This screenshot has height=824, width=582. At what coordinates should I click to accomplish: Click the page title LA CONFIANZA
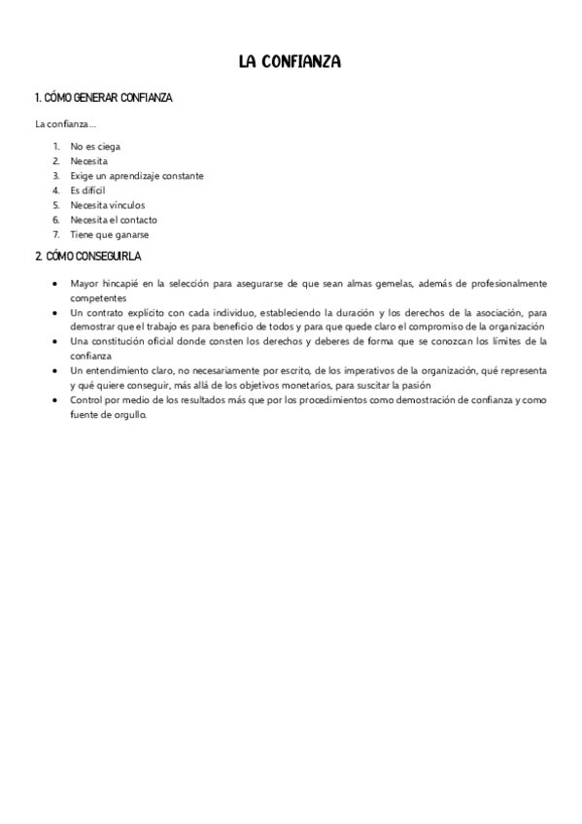[290, 61]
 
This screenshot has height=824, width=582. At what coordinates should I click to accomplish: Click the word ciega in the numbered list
[108, 147]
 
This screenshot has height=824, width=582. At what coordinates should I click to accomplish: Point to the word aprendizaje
[135, 176]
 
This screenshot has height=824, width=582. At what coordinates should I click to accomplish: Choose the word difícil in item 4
[94, 190]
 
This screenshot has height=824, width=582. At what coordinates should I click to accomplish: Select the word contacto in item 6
[139, 220]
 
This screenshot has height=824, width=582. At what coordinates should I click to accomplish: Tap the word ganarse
[131, 234]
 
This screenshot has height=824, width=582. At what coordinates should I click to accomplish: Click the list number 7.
[56, 234]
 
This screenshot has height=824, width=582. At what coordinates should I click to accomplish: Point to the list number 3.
[56, 176]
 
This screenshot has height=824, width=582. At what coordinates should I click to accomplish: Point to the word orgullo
[128, 415]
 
